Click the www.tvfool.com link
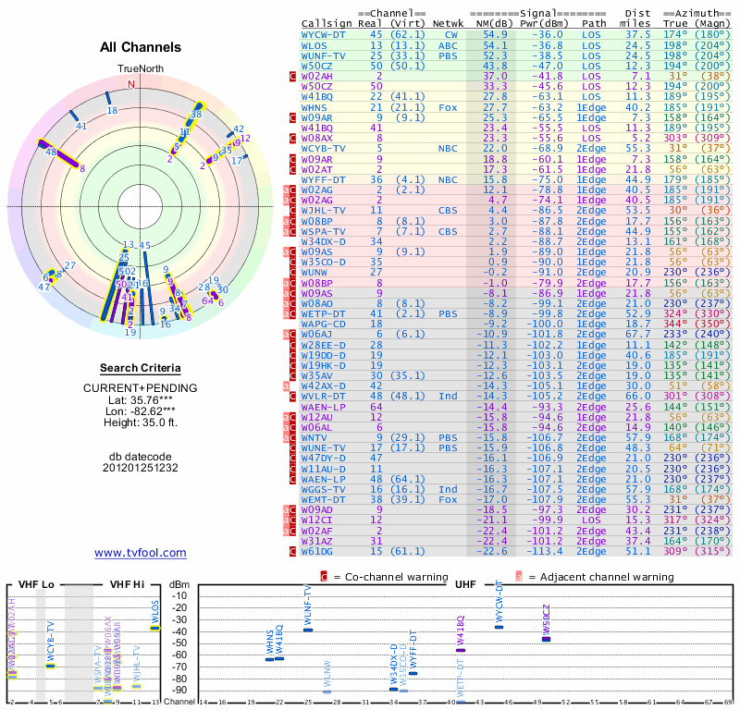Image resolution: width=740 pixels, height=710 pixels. point(141,553)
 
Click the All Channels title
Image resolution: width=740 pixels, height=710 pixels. point(141,47)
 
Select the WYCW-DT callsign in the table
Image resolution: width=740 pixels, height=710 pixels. point(324,34)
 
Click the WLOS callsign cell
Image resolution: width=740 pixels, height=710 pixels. point(314,45)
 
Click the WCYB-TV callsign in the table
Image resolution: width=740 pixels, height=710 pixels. point(324,148)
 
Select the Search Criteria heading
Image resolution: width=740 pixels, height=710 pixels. point(141,368)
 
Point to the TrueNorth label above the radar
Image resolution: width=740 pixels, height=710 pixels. point(141,69)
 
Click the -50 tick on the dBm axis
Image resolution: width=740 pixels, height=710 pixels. point(179,643)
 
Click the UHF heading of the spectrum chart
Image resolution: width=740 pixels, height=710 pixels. point(465,584)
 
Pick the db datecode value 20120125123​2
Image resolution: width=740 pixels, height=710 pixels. point(141,468)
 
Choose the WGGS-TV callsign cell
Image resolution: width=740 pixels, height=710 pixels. point(324,489)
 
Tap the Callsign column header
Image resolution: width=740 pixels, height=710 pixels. point(327,22)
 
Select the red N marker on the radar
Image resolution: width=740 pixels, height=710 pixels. point(130,84)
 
